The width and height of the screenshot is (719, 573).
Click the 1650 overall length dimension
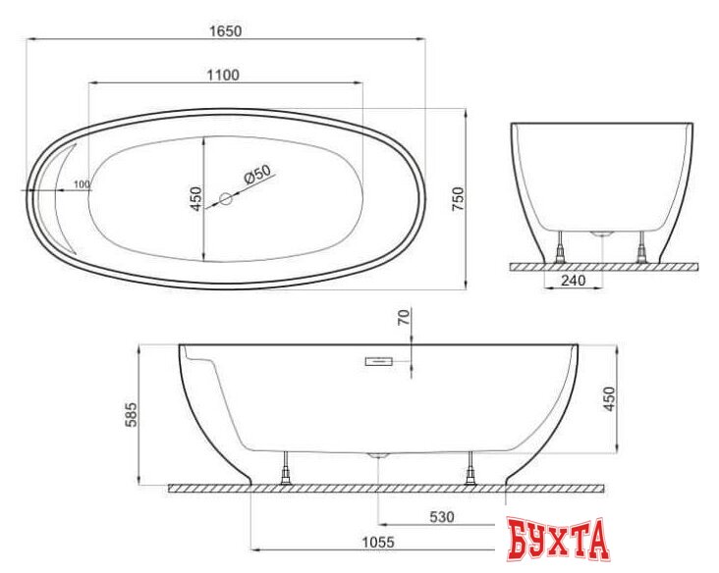point(225,30)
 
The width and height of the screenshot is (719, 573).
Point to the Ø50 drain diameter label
point(256,176)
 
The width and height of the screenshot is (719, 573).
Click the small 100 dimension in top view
point(81,184)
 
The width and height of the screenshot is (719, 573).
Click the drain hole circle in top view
point(225,198)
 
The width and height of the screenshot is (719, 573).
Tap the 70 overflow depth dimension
point(401,318)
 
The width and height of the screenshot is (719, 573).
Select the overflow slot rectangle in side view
point(379,363)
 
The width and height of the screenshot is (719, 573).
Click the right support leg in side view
point(470,467)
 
